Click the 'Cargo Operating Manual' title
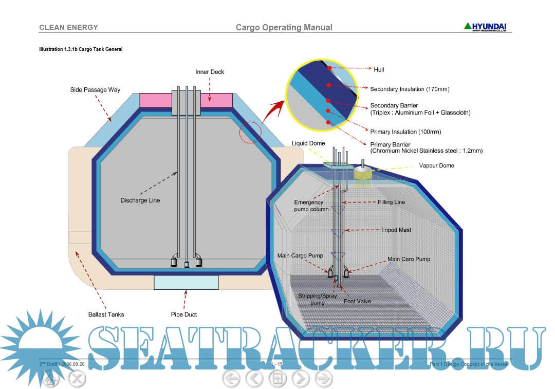(x=284, y=28)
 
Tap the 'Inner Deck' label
(x=210, y=72)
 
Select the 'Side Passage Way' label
(x=95, y=90)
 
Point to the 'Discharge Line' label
(x=140, y=200)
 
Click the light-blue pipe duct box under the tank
(x=186, y=282)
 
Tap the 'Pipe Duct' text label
(x=184, y=314)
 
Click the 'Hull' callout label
(x=379, y=69)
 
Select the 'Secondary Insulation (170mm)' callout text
(x=410, y=89)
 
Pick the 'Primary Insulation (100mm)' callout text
(x=405, y=132)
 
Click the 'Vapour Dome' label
(x=436, y=166)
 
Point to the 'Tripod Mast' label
(x=396, y=230)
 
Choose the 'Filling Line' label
(x=391, y=202)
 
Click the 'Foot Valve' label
(x=357, y=302)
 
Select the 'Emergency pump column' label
(x=311, y=206)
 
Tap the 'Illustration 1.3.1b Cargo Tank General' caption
(x=81, y=49)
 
